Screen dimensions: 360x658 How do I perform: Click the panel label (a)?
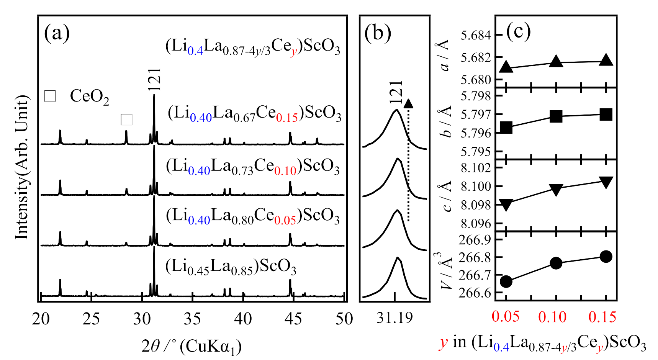click(57, 33)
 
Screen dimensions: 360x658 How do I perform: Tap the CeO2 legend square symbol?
click(50, 96)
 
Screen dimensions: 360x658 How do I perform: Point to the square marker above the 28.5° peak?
click(126, 119)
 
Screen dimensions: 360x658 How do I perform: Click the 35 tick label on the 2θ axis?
click(192, 319)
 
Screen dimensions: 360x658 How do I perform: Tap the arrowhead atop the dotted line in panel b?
click(409, 103)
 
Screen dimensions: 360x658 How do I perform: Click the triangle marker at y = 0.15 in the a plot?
click(606, 60)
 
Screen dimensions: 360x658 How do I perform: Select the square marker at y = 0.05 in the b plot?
click(506, 128)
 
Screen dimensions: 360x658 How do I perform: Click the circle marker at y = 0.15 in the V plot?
click(606, 257)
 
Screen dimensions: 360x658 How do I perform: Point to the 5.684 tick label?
click(475, 36)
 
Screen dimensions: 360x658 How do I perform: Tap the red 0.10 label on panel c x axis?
click(552, 317)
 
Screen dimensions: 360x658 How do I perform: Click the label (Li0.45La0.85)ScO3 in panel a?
click(231, 266)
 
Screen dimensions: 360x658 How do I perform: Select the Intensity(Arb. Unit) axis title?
click(22, 167)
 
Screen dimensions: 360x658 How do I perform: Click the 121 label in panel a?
click(155, 80)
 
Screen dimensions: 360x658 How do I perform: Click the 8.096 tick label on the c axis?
click(475, 223)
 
